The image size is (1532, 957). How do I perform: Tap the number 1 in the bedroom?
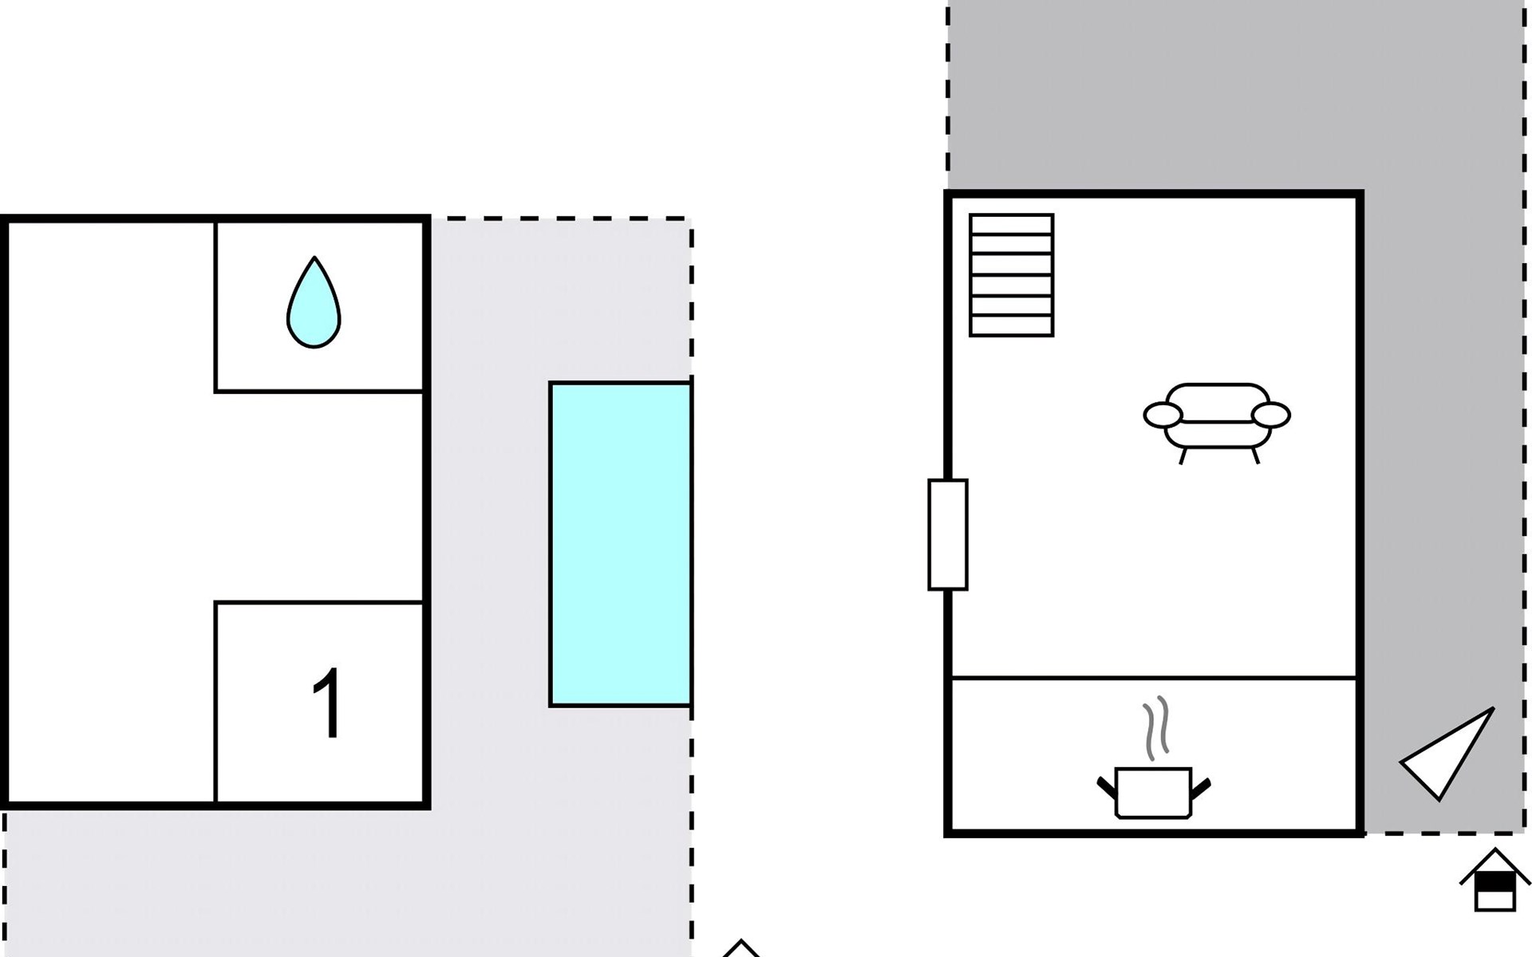pos(328,703)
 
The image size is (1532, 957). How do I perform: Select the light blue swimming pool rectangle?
pos(620,544)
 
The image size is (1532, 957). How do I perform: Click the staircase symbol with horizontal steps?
pos(1011,275)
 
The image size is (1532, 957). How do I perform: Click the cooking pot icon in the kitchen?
pos(1153,792)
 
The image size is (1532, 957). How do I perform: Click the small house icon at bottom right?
pos(1494,881)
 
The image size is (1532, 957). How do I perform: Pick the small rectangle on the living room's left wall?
pos(948,534)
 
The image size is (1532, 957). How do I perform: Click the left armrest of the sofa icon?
pos(1163,415)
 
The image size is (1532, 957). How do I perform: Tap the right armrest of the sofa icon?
pos(1271,415)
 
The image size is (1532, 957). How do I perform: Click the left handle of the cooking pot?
pos(1107,787)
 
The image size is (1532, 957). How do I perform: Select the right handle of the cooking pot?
pos(1201,787)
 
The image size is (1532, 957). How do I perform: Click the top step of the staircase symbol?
pos(1011,224)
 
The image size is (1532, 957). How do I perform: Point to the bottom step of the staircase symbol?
pos(1011,326)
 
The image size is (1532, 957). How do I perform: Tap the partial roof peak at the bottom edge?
pos(741,949)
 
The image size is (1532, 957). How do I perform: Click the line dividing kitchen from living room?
pos(1154,678)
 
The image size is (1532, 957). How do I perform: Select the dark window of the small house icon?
pos(1494,884)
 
